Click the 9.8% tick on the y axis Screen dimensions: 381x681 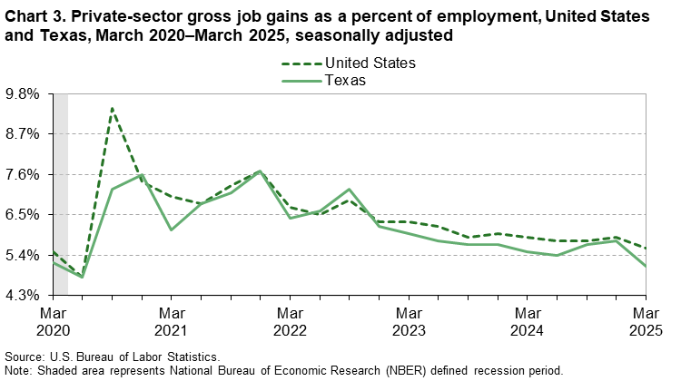coord(25,93)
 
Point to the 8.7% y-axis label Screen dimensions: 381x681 coord(25,133)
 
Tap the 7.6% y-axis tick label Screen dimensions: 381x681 coord(25,174)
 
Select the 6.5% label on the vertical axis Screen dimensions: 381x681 coord(25,215)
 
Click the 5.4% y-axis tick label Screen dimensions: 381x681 coord(25,255)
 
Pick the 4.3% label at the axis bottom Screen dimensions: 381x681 coord(25,296)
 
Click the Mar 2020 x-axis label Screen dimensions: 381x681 coord(53,320)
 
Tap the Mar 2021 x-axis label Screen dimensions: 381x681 coord(171,320)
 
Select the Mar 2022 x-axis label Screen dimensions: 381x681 coord(290,320)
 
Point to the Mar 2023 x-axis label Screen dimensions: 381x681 coord(409,320)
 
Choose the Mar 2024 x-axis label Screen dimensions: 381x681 coord(527,320)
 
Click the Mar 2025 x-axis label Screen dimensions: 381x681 coord(646,320)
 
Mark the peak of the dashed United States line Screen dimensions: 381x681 coord(112,108)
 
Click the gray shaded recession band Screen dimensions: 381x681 coord(61,194)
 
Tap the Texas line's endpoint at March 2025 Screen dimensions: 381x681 coord(646,266)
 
